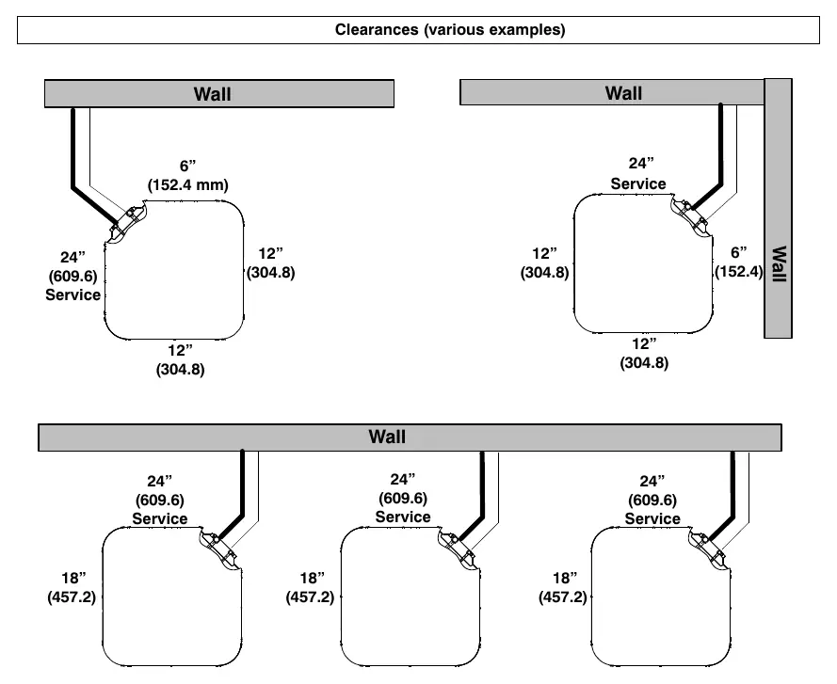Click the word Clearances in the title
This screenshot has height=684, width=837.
[x=377, y=29]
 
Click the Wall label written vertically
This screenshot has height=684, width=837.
[x=779, y=263]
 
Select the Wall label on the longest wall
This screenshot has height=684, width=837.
[x=387, y=437]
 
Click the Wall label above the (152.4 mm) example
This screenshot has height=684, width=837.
[x=213, y=94]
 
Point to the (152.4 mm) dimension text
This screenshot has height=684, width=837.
[x=188, y=184]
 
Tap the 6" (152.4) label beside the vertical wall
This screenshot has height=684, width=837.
[x=739, y=262]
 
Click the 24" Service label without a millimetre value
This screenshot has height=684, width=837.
[x=638, y=174]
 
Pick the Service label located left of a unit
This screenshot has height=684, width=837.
[x=73, y=294]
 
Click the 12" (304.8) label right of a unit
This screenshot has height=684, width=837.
[x=270, y=263]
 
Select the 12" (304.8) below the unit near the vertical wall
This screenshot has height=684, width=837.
[x=644, y=353]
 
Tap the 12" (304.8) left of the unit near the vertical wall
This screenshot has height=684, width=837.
[x=544, y=263]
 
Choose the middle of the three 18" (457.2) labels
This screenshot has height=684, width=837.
[x=310, y=587]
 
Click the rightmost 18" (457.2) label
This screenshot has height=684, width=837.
[x=563, y=587]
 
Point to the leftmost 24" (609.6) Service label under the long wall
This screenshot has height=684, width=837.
[x=160, y=500]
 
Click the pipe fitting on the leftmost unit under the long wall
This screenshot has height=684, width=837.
[x=220, y=549]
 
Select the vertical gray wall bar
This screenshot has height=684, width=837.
[x=778, y=209]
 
